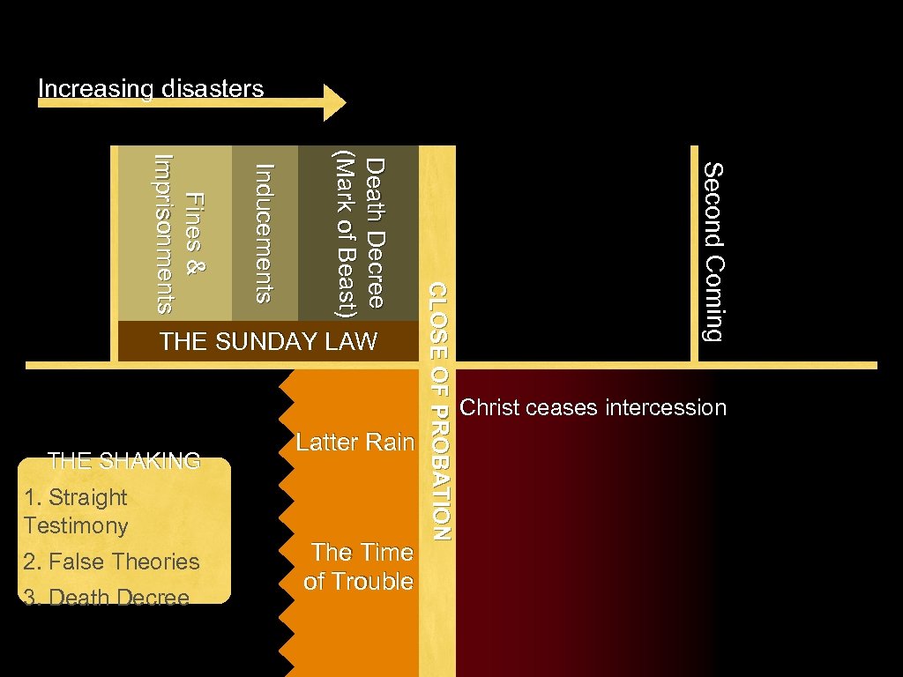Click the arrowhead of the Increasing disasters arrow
[335, 102]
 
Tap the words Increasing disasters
[151, 88]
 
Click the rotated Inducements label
[264, 234]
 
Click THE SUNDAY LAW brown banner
[268, 342]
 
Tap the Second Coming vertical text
[713, 251]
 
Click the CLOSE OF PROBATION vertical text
[438, 411]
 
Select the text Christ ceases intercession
[593, 407]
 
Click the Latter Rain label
[354, 442]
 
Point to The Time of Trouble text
[359, 567]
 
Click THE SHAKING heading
[124, 460]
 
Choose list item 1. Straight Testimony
[77, 511]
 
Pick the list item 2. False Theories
[112, 562]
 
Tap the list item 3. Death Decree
[107, 598]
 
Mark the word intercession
[666, 407]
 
